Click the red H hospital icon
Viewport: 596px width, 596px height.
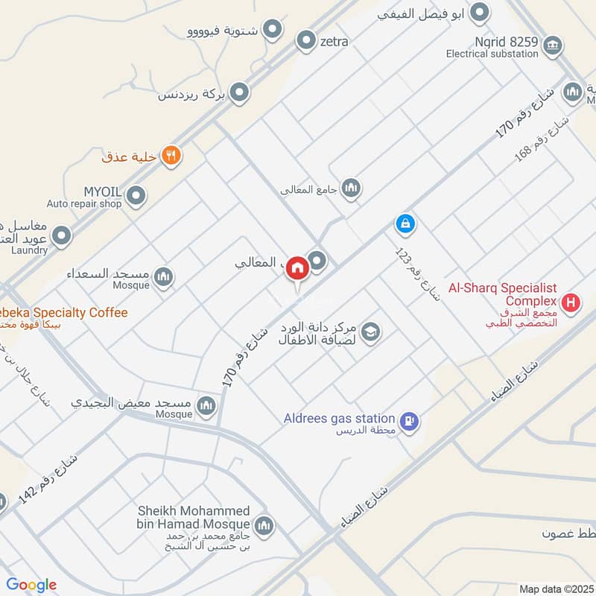[571, 302]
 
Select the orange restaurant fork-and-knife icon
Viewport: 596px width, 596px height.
[171, 156]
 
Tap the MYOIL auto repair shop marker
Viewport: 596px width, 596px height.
[136, 197]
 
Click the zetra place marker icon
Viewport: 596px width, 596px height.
[306, 41]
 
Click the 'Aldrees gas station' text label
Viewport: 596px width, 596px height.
[339, 418]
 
